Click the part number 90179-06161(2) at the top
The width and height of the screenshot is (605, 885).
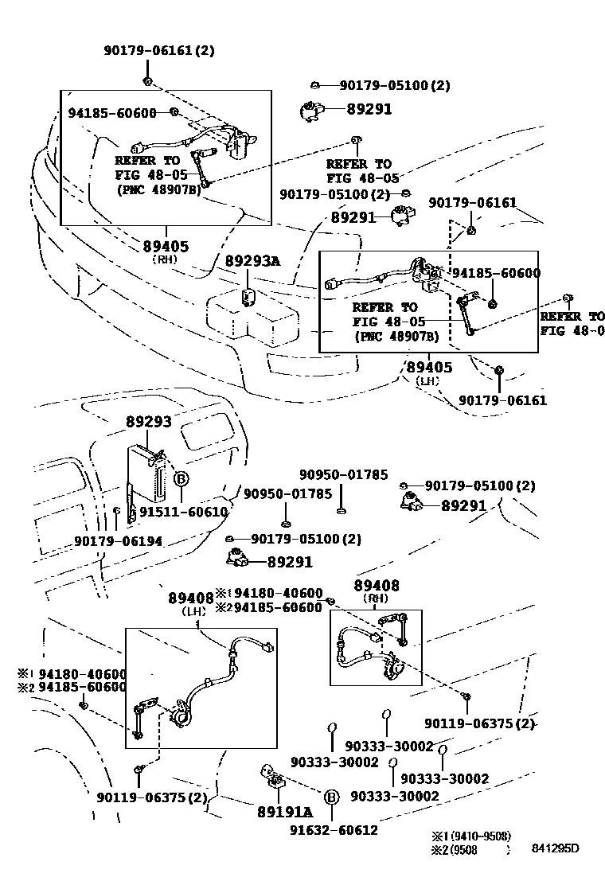158,50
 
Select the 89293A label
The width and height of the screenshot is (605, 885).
252,261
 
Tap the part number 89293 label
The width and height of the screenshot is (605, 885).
148,423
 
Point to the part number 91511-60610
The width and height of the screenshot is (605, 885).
184,512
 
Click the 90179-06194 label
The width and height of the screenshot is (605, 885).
118,541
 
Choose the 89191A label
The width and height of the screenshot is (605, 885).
285,812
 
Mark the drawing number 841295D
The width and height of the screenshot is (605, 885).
556,848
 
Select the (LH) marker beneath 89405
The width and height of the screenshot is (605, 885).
427,381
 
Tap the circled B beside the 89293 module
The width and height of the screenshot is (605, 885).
181,478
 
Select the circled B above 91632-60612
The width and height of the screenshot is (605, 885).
332,797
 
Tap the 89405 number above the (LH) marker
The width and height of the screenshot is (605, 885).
429,367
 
